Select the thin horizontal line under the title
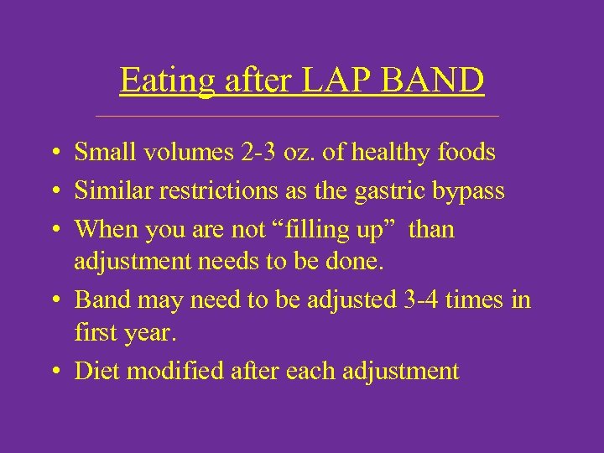point(309,116)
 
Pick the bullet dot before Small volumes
point(53,154)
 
